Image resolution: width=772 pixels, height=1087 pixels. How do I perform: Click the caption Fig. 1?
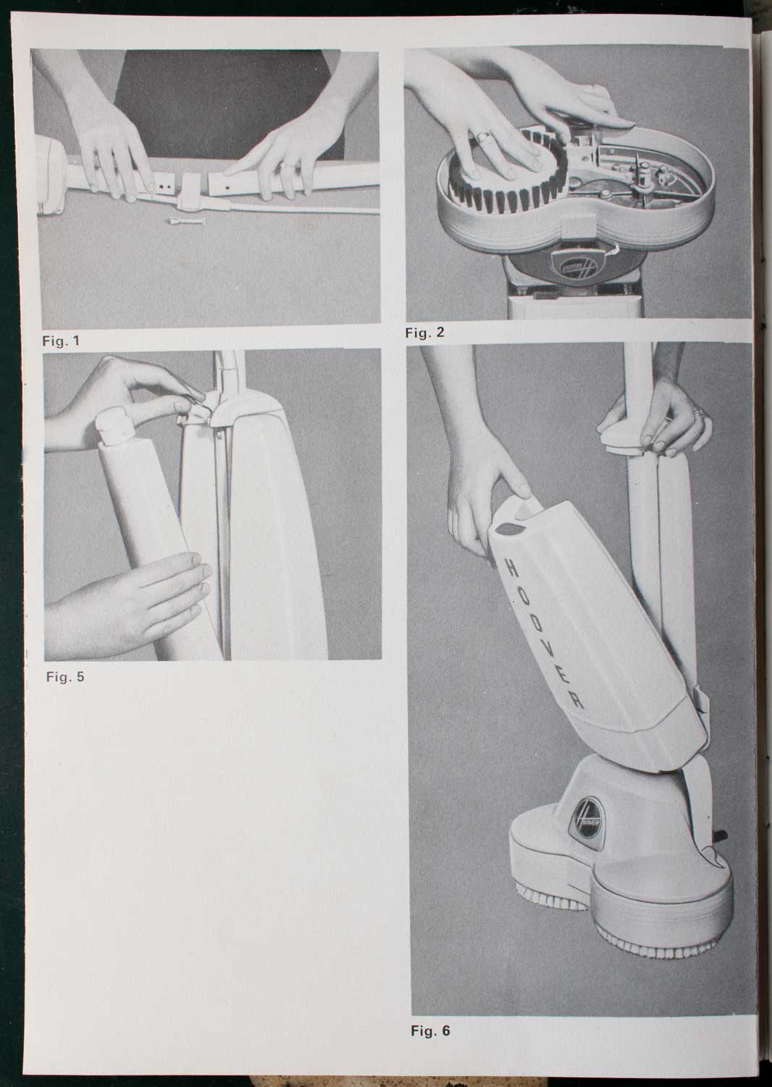(x=61, y=341)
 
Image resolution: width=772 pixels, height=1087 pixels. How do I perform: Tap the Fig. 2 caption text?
(x=425, y=333)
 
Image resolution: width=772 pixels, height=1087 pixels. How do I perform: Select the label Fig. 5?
(x=65, y=676)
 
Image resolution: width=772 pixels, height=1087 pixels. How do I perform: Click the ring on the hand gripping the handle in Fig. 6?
(x=700, y=412)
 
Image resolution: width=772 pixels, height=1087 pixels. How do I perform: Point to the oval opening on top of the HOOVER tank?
(x=508, y=528)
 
